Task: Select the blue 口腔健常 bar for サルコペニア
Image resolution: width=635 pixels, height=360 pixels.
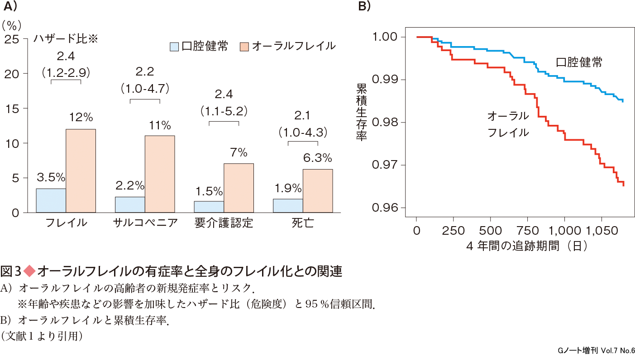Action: [130, 204]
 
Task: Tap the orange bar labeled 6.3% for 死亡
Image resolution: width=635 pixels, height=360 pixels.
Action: [318, 190]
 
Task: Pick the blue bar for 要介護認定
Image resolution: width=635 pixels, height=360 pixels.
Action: [209, 207]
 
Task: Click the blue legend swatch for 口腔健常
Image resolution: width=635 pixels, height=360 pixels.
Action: [174, 46]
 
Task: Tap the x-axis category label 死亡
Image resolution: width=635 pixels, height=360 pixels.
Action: [303, 223]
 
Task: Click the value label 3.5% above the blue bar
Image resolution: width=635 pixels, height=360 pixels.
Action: [51, 176]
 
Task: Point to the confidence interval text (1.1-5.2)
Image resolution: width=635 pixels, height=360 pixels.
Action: [224, 110]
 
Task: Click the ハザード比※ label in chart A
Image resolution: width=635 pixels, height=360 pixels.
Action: [66, 39]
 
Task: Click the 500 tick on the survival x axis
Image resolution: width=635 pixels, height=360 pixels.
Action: [490, 231]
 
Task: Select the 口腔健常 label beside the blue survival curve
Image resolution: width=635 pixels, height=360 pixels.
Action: [579, 62]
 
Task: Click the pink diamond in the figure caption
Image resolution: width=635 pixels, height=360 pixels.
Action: [29, 271]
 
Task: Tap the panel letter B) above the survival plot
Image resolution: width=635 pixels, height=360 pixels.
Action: [364, 6]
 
